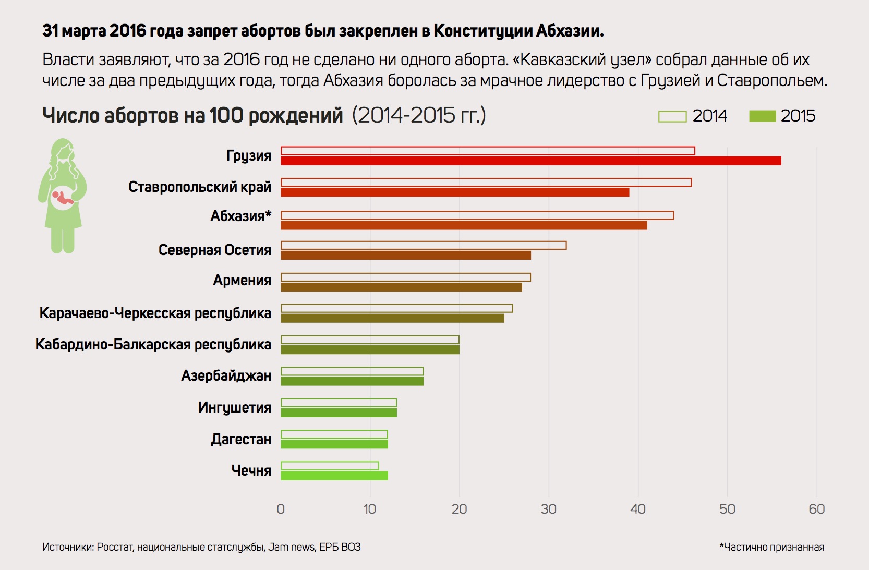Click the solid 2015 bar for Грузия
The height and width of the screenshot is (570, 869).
[530, 161]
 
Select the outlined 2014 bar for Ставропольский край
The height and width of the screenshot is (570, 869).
[486, 183]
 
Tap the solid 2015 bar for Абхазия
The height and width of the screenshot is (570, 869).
[464, 225]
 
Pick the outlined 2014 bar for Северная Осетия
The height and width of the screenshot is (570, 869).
[423, 246]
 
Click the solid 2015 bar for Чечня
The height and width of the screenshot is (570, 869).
[334, 476]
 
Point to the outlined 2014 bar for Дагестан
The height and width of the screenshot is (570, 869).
[334, 434]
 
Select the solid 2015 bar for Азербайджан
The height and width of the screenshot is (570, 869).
[352, 381]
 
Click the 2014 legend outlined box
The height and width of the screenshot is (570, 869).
[672, 116]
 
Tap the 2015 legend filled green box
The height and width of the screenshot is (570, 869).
[762, 116]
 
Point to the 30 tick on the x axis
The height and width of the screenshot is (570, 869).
[548, 509]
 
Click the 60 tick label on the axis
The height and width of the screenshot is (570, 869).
[816, 509]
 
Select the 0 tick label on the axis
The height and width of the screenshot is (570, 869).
[281, 509]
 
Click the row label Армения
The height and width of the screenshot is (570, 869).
[242, 281]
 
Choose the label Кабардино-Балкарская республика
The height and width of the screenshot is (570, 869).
[153, 345]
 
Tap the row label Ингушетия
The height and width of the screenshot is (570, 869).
[234, 407]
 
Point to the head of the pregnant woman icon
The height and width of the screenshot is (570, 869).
[63, 151]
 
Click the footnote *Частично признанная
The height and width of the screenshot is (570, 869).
[771, 547]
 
